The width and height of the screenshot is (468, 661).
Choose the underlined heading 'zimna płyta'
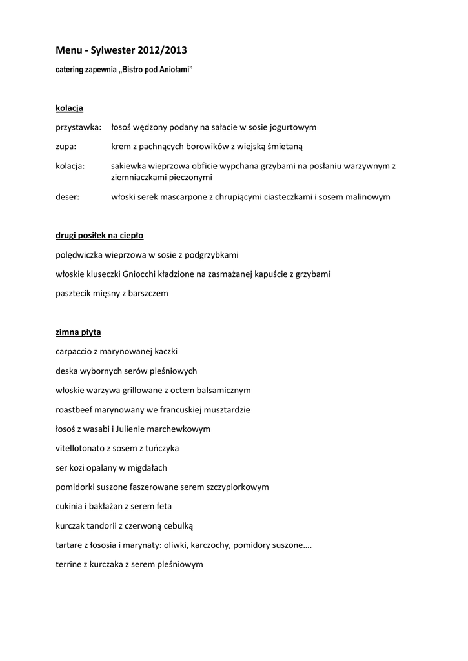[78, 332]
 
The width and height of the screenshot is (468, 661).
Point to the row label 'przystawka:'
[78, 127]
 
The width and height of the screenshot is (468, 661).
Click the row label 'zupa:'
[66, 147]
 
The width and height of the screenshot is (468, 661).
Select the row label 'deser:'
[68, 197]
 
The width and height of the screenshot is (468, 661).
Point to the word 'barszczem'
[148, 294]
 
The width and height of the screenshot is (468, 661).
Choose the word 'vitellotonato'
[81, 448]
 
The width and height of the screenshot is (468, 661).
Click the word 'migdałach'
[148, 467]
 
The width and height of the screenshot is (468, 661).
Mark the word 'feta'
[163, 506]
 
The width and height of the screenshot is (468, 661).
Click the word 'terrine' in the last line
[69, 564]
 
